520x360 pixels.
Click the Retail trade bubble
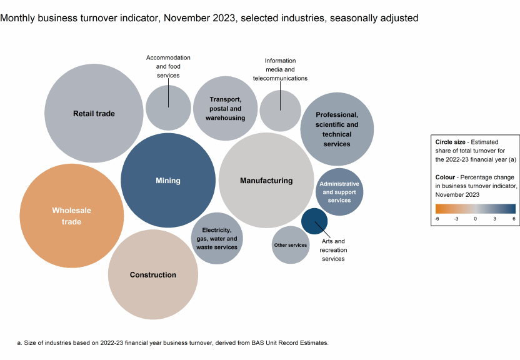tap(94, 113)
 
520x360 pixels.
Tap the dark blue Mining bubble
tap(167, 181)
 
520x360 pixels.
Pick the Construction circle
tap(153, 274)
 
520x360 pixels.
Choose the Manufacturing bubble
tap(266, 181)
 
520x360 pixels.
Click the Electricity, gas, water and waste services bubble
tap(217, 238)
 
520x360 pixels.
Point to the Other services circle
tap(291, 245)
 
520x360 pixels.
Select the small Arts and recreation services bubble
tap(314, 221)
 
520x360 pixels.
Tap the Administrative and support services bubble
tap(339, 192)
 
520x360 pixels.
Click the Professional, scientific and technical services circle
tap(337, 129)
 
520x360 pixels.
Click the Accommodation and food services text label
tap(168, 66)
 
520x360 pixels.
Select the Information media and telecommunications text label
tap(280, 69)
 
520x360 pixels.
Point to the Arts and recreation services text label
tap(333, 249)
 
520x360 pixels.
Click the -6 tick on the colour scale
tap(437, 219)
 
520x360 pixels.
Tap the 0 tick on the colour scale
tap(475, 219)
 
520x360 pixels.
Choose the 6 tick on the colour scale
tap(513, 219)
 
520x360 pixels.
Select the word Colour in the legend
tap(447, 177)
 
